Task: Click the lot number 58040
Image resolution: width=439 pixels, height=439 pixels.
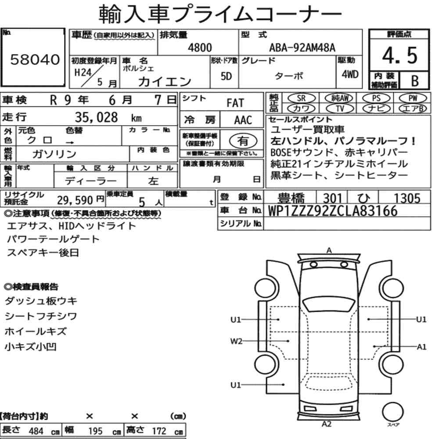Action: tap(35, 59)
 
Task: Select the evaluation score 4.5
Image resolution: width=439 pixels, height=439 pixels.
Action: tap(399, 55)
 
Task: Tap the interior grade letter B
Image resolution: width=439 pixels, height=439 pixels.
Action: tap(415, 81)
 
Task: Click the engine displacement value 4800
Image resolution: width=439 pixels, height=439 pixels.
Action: tap(200, 47)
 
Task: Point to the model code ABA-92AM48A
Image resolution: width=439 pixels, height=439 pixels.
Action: tap(302, 47)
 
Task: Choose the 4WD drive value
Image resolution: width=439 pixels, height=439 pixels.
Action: tap(350, 75)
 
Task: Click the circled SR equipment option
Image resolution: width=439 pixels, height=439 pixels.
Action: tap(301, 98)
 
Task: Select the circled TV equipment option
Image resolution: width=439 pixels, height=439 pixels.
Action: tap(340, 108)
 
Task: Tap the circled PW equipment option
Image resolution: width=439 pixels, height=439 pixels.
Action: tap(413, 98)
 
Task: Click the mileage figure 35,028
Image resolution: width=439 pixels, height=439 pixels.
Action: tap(96, 117)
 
